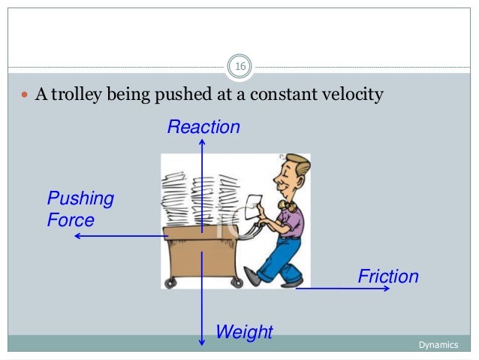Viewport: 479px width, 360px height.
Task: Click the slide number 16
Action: tap(240, 68)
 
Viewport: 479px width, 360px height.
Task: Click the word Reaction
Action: tap(203, 127)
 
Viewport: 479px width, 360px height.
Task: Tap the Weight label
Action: tap(244, 331)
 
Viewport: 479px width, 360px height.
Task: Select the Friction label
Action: tap(387, 277)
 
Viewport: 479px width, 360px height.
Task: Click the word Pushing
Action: tap(80, 199)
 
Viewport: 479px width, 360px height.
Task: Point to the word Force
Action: tap(71, 220)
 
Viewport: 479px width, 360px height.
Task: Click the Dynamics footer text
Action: tap(438, 344)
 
